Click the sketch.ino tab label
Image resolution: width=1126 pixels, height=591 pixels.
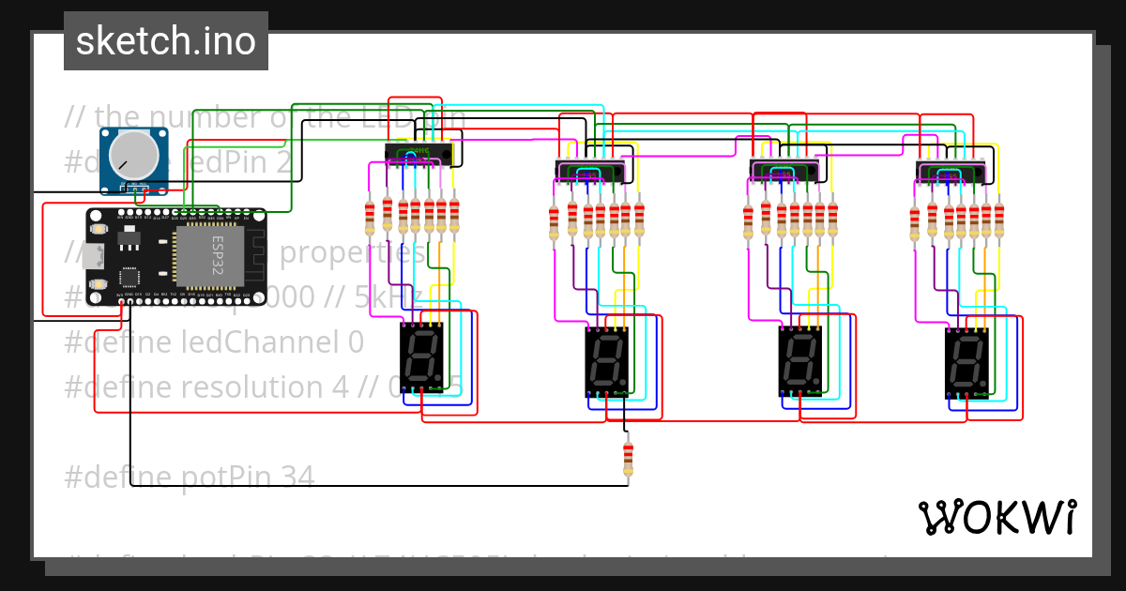pos(166,41)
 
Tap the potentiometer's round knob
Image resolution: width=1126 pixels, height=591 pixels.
pos(134,155)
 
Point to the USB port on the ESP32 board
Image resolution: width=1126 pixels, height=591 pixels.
pos(91,254)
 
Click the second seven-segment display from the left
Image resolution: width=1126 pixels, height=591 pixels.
pos(606,361)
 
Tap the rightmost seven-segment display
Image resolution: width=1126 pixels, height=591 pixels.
pos(966,361)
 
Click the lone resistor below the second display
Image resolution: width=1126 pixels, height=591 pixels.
pos(628,459)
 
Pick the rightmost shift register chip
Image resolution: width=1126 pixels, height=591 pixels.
pos(950,173)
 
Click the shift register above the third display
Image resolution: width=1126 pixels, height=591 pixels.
pos(784,171)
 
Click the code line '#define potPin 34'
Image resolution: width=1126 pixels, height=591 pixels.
pos(189,477)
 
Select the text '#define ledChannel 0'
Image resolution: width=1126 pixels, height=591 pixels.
pos(213,342)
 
